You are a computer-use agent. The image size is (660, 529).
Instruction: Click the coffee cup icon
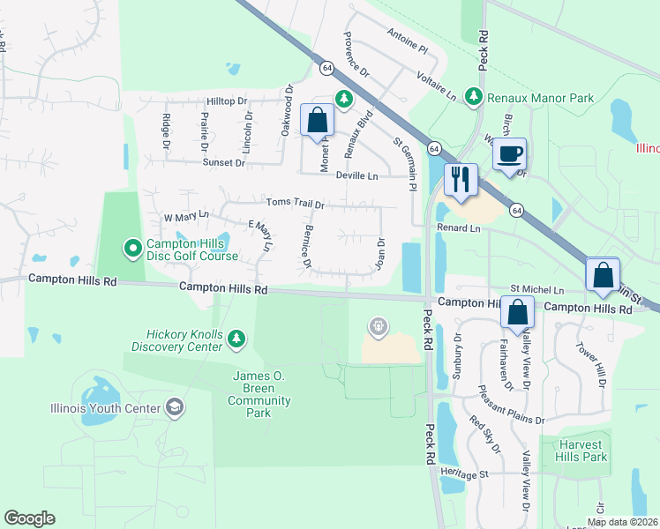coord(509,154)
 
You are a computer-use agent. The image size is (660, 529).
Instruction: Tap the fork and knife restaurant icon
coord(461,180)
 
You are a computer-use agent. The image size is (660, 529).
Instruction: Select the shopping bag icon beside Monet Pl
coord(317,120)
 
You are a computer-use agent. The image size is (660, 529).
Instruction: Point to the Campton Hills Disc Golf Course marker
coord(132,250)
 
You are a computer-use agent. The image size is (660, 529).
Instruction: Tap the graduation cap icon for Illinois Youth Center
coord(175,407)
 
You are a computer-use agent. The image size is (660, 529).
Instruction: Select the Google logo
coord(29,518)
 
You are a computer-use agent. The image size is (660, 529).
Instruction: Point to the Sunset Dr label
coord(224,163)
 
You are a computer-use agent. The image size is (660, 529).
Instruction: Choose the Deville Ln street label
coord(356,175)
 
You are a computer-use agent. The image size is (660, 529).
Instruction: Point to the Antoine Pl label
coord(406,34)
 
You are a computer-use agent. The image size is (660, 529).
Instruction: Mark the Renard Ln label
coord(458,227)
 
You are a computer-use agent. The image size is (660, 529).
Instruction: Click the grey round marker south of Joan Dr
coord(378,328)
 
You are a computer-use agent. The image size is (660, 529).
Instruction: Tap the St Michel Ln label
coord(537,289)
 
